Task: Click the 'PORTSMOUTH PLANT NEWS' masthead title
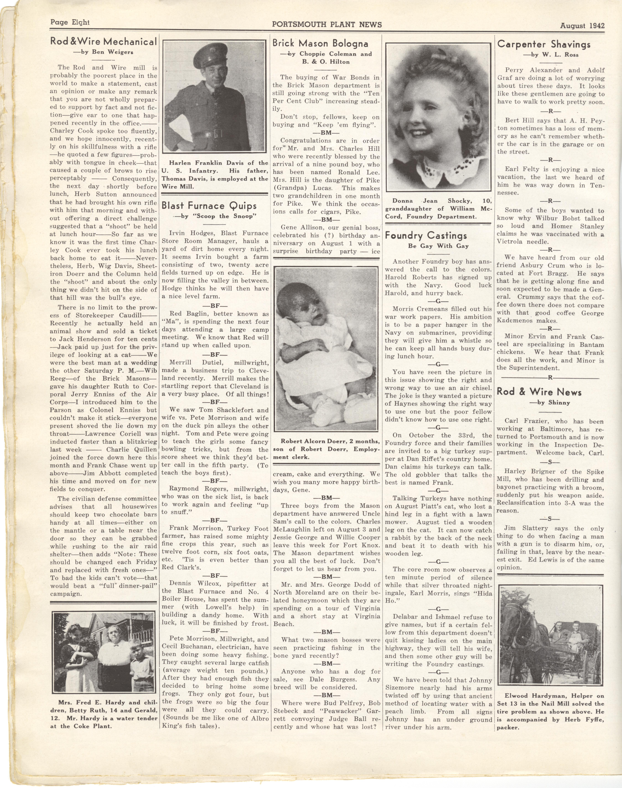(327, 24)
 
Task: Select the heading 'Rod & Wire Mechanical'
(103, 42)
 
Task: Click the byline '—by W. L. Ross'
(551, 55)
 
